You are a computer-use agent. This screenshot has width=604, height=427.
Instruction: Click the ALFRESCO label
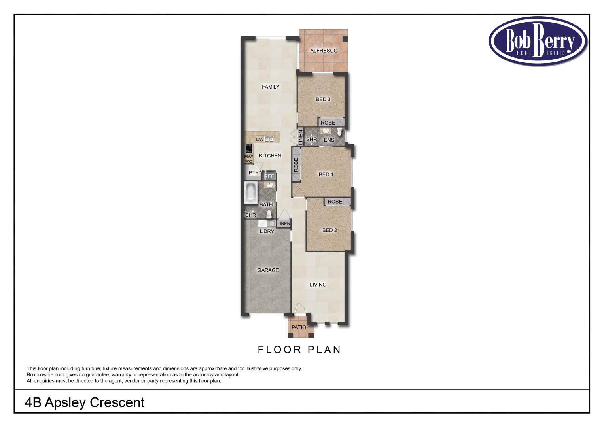[x=324, y=51]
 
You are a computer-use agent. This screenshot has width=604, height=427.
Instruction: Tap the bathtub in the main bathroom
[x=250, y=193]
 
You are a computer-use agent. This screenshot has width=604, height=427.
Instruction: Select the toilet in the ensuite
[x=339, y=132]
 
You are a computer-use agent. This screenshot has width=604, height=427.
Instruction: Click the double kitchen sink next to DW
[x=269, y=139]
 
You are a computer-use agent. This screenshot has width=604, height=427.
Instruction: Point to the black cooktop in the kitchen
[x=248, y=148]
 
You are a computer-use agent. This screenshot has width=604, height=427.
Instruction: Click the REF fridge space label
[x=269, y=176]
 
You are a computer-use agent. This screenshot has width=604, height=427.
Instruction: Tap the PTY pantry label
[x=253, y=173]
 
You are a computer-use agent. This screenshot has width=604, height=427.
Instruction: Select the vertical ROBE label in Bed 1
[x=296, y=165]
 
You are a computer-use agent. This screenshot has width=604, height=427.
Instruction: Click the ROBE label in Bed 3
[x=328, y=123]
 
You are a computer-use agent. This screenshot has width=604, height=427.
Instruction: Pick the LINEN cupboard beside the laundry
[x=284, y=223]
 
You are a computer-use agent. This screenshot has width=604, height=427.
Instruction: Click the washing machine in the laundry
[x=262, y=224]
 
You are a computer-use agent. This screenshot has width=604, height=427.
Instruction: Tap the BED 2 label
[x=329, y=230]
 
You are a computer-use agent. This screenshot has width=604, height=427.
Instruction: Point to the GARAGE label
[x=268, y=270]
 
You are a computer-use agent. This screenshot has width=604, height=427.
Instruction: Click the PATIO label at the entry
[x=299, y=327]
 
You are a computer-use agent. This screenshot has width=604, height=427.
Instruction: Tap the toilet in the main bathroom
[x=269, y=214]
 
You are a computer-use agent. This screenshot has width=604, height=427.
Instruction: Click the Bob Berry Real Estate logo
[x=538, y=41]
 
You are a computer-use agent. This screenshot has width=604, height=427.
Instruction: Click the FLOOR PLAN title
[x=299, y=350]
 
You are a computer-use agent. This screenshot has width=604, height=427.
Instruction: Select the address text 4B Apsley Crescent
[x=85, y=402]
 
